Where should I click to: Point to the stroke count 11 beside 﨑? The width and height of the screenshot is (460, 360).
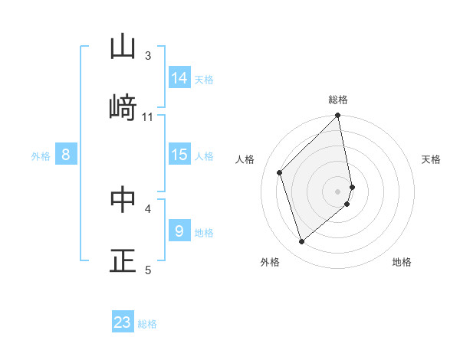[x=148, y=116]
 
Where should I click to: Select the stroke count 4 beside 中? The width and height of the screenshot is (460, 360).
[x=148, y=208]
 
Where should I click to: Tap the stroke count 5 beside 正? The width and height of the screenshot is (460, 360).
[x=148, y=269]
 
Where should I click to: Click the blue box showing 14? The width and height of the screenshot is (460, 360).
[x=179, y=78]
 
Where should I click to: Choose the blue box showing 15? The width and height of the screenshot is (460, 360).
[x=179, y=155]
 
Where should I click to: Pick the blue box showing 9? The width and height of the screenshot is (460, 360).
[x=179, y=231]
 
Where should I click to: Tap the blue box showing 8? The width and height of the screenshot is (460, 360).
[x=66, y=155]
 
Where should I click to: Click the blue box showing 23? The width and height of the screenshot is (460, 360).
[x=123, y=322]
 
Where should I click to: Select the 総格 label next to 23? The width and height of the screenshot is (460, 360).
[x=147, y=324]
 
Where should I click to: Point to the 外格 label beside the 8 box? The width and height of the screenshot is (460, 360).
[x=41, y=156]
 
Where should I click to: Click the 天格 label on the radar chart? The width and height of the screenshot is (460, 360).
[x=431, y=159]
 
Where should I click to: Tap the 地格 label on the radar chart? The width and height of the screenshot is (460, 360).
[x=402, y=263]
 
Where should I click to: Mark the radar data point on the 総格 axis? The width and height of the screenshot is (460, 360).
[x=338, y=116]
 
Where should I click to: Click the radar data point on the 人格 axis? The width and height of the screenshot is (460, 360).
[x=280, y=172]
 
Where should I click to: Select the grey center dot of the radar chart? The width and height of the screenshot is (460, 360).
[x=338, y=190]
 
